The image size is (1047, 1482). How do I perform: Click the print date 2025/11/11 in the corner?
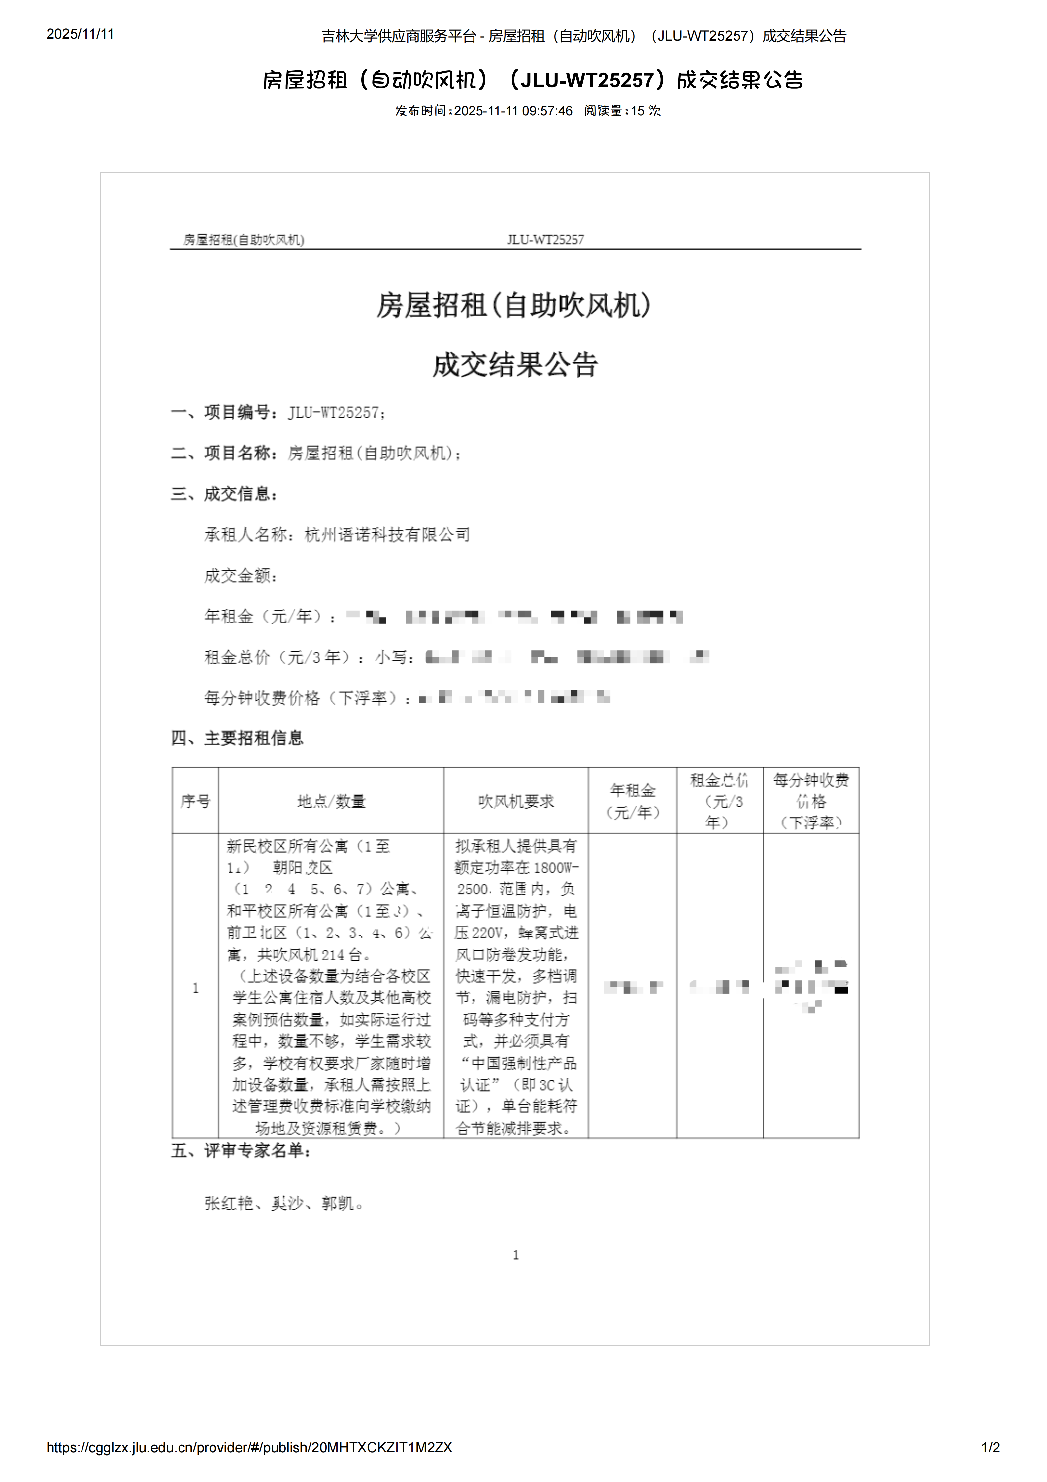tap(80, 34)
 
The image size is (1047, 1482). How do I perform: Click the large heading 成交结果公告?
tap(515, 365)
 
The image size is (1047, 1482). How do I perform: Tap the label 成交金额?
tap(241, 576)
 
